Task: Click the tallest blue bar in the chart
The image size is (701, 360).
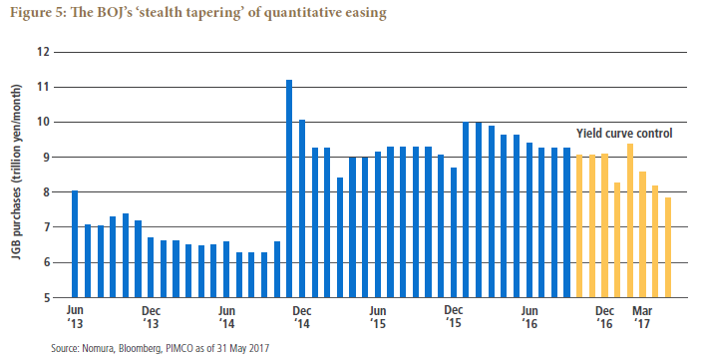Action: coord(289,188)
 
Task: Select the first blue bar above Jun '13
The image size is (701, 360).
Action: coord(75,243)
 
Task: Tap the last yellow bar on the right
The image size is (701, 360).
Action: coord(668,247)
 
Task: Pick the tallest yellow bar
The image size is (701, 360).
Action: coord(630,220)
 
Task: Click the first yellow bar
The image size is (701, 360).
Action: coord(579,225)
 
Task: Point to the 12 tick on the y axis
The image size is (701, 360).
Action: coord(43,52)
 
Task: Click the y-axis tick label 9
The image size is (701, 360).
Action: coord(45,158)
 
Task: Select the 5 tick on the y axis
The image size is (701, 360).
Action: coord(45,298)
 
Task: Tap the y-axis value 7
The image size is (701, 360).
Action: coord(45,227)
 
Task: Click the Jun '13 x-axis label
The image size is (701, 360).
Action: coord(75,317)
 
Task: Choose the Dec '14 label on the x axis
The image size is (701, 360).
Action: coord(302,317)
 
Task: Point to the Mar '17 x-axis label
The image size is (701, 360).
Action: coord(642,317)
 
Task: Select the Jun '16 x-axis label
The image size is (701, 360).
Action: coord(529,317)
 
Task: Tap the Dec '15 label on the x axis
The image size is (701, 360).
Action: coord(454,317)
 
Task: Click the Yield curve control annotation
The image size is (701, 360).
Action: coord(624,134)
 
